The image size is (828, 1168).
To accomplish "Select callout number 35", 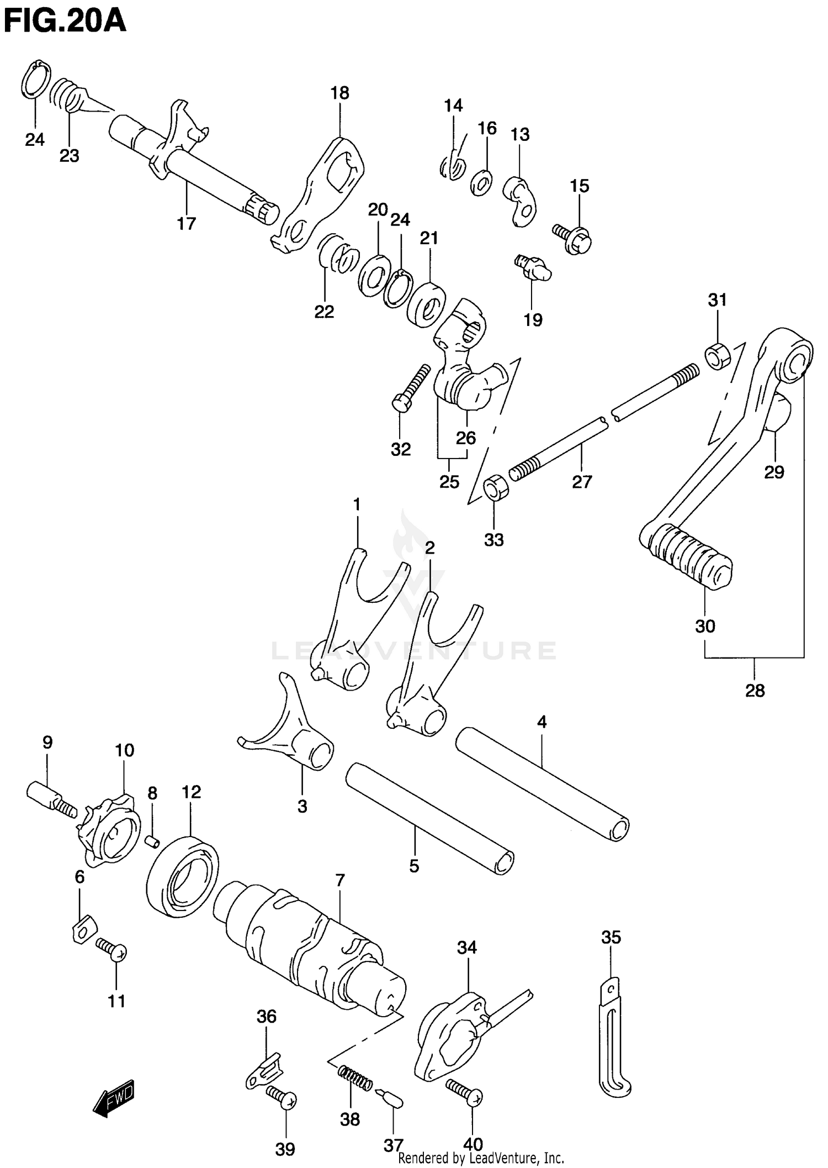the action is (611, 937).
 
